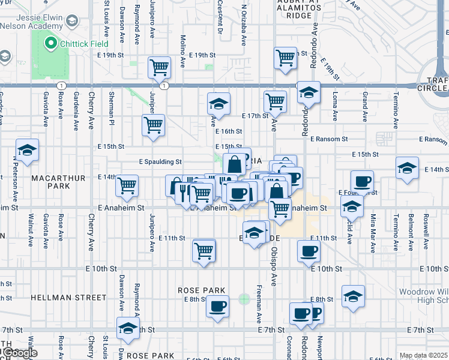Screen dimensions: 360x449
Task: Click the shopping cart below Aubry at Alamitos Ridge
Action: (x=285, y=58)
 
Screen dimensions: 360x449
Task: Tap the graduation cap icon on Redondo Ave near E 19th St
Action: (x=309, y=92)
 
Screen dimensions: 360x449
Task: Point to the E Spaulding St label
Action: (x=160, y=161)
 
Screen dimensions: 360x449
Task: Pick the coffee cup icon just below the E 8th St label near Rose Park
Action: (x=217, y=305)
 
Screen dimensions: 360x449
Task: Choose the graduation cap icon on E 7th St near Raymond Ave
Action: (x=127, y=328)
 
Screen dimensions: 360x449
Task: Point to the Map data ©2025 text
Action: (x=423, y=356)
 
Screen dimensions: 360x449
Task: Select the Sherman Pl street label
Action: (x=112, y=103)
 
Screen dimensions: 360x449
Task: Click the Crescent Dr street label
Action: (x=220, y=20)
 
